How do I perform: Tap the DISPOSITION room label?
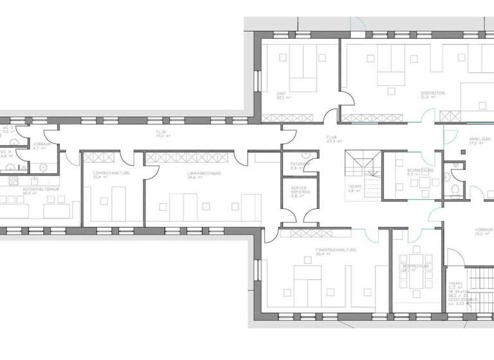click(432, 93)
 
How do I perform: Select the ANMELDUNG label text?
click(480, 139)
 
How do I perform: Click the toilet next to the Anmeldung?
click(455, 188)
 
